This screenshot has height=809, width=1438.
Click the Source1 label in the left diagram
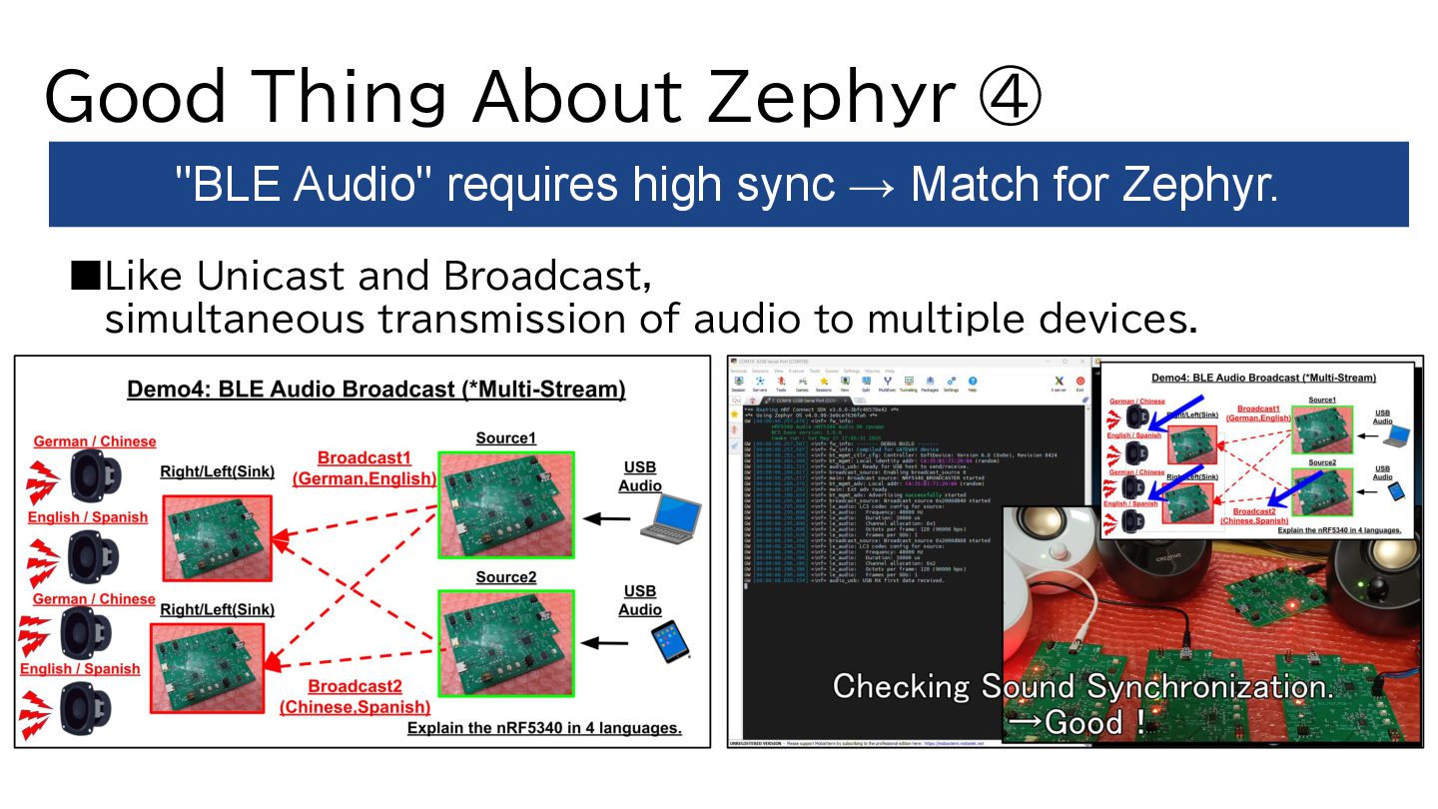[x=505, y=438]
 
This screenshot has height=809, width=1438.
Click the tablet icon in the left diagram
[x=669, y=641]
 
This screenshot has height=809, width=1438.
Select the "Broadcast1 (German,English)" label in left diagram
[x=363, y=467]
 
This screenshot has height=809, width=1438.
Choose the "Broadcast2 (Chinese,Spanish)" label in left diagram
[x=355, y=696]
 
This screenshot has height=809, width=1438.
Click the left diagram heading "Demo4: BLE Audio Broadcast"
[x=375, y=390]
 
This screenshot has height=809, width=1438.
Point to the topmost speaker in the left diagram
[x=96, y=473]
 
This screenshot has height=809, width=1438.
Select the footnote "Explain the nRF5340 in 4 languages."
[x=544, y=728]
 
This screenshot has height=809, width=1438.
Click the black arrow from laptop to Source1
[x=607, y=518]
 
